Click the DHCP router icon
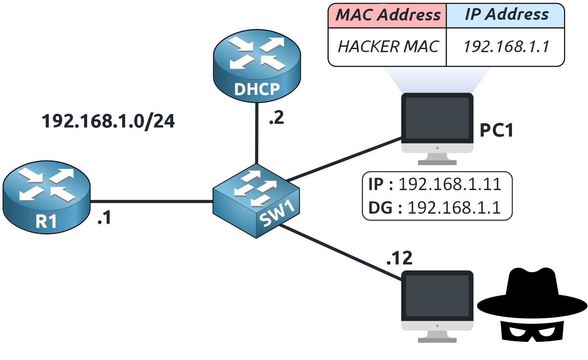click(257, 66)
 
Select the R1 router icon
click(46, 197)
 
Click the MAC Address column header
click(388, 15)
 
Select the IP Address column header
click(506, 15)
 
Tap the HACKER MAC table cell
click(388, 47)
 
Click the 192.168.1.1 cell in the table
click(506, 47)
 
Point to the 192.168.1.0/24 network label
click(108, 121)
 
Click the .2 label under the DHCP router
click(277, 118)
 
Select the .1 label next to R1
click(104, 218)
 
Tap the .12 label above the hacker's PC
click(399, 258)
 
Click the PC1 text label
click(497, 130)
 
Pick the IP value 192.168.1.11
click(450, 184)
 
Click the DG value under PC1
click(454, 208)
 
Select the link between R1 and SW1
click(151, 202)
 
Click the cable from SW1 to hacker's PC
click(340, 252)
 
